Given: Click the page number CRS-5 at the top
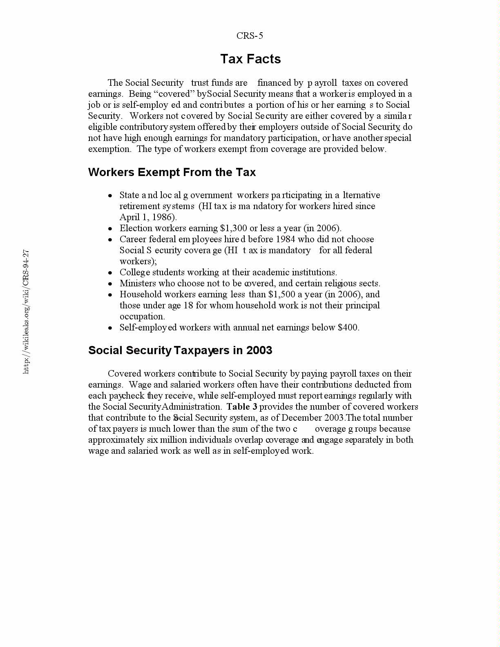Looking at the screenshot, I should point(250,36).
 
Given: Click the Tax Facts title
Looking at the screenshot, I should point(250,59).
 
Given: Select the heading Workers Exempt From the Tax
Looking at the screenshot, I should point(172,172).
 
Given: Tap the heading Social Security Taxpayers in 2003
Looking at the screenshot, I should point(180,350).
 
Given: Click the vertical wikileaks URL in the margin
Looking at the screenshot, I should point(26,311).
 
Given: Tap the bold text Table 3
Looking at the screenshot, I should point(242,407).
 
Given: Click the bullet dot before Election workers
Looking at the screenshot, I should point(110,229).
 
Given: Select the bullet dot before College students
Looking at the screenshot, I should point(110,273).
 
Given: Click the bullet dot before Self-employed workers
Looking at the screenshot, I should point(110,328).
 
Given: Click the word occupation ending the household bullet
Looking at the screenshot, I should point(142,317).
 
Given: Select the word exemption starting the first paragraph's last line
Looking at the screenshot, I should point(109,149).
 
